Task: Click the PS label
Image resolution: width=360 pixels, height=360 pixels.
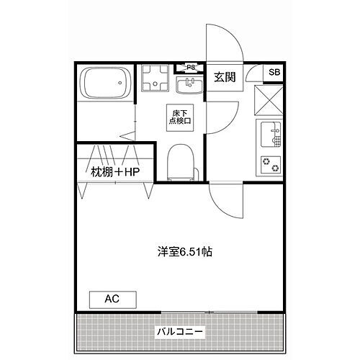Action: click(x=191, y=68)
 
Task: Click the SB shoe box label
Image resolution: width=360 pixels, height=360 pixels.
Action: click(x=274, y=72)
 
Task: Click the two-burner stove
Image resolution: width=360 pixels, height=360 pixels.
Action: click(x=270, y=164)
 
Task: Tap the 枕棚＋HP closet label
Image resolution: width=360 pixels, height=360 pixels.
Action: click(x=114, y=172)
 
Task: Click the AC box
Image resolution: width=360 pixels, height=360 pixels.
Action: click(x=112, y=298)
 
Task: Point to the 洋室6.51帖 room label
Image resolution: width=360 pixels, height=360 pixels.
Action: click(x=185, y=252)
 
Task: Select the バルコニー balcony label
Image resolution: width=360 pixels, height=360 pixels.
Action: click(x=179, y=332)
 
